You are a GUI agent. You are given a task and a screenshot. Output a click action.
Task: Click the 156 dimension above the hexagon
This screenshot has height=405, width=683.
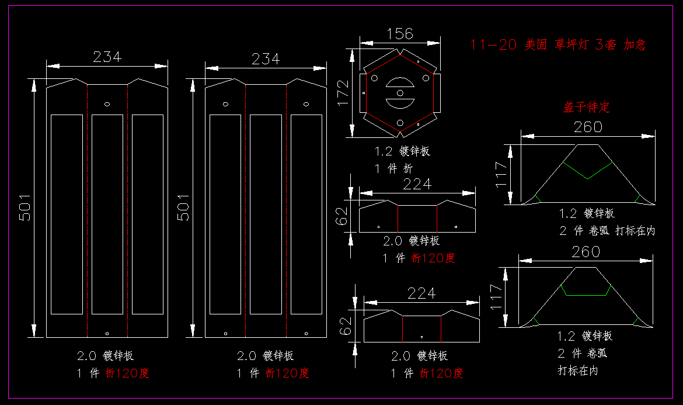(400, 34)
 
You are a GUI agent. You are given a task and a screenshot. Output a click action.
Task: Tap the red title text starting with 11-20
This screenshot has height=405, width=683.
(558, 44)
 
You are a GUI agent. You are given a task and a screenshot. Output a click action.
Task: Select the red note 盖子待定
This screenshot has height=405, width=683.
(586, 108)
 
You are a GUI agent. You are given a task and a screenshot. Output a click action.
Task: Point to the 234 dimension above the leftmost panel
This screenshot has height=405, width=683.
(107, 57)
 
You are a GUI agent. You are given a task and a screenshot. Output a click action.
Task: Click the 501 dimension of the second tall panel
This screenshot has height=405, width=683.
(184, 207)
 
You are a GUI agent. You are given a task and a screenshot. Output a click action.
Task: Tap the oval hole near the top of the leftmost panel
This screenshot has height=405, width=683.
(107, 104)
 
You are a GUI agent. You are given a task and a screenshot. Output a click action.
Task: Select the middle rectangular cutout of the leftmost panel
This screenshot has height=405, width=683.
(107, 214)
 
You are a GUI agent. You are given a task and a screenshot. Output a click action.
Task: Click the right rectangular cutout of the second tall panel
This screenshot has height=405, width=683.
(306, 214)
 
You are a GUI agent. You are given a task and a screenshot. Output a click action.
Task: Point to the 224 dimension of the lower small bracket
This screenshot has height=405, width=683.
(421, 293)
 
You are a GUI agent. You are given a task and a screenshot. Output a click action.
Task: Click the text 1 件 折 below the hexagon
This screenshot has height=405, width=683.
(393, 168)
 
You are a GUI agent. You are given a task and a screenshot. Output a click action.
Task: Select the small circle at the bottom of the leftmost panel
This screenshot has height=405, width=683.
(107, 333)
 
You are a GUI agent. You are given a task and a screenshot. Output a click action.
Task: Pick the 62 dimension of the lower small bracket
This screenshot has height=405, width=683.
(346, 322)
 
